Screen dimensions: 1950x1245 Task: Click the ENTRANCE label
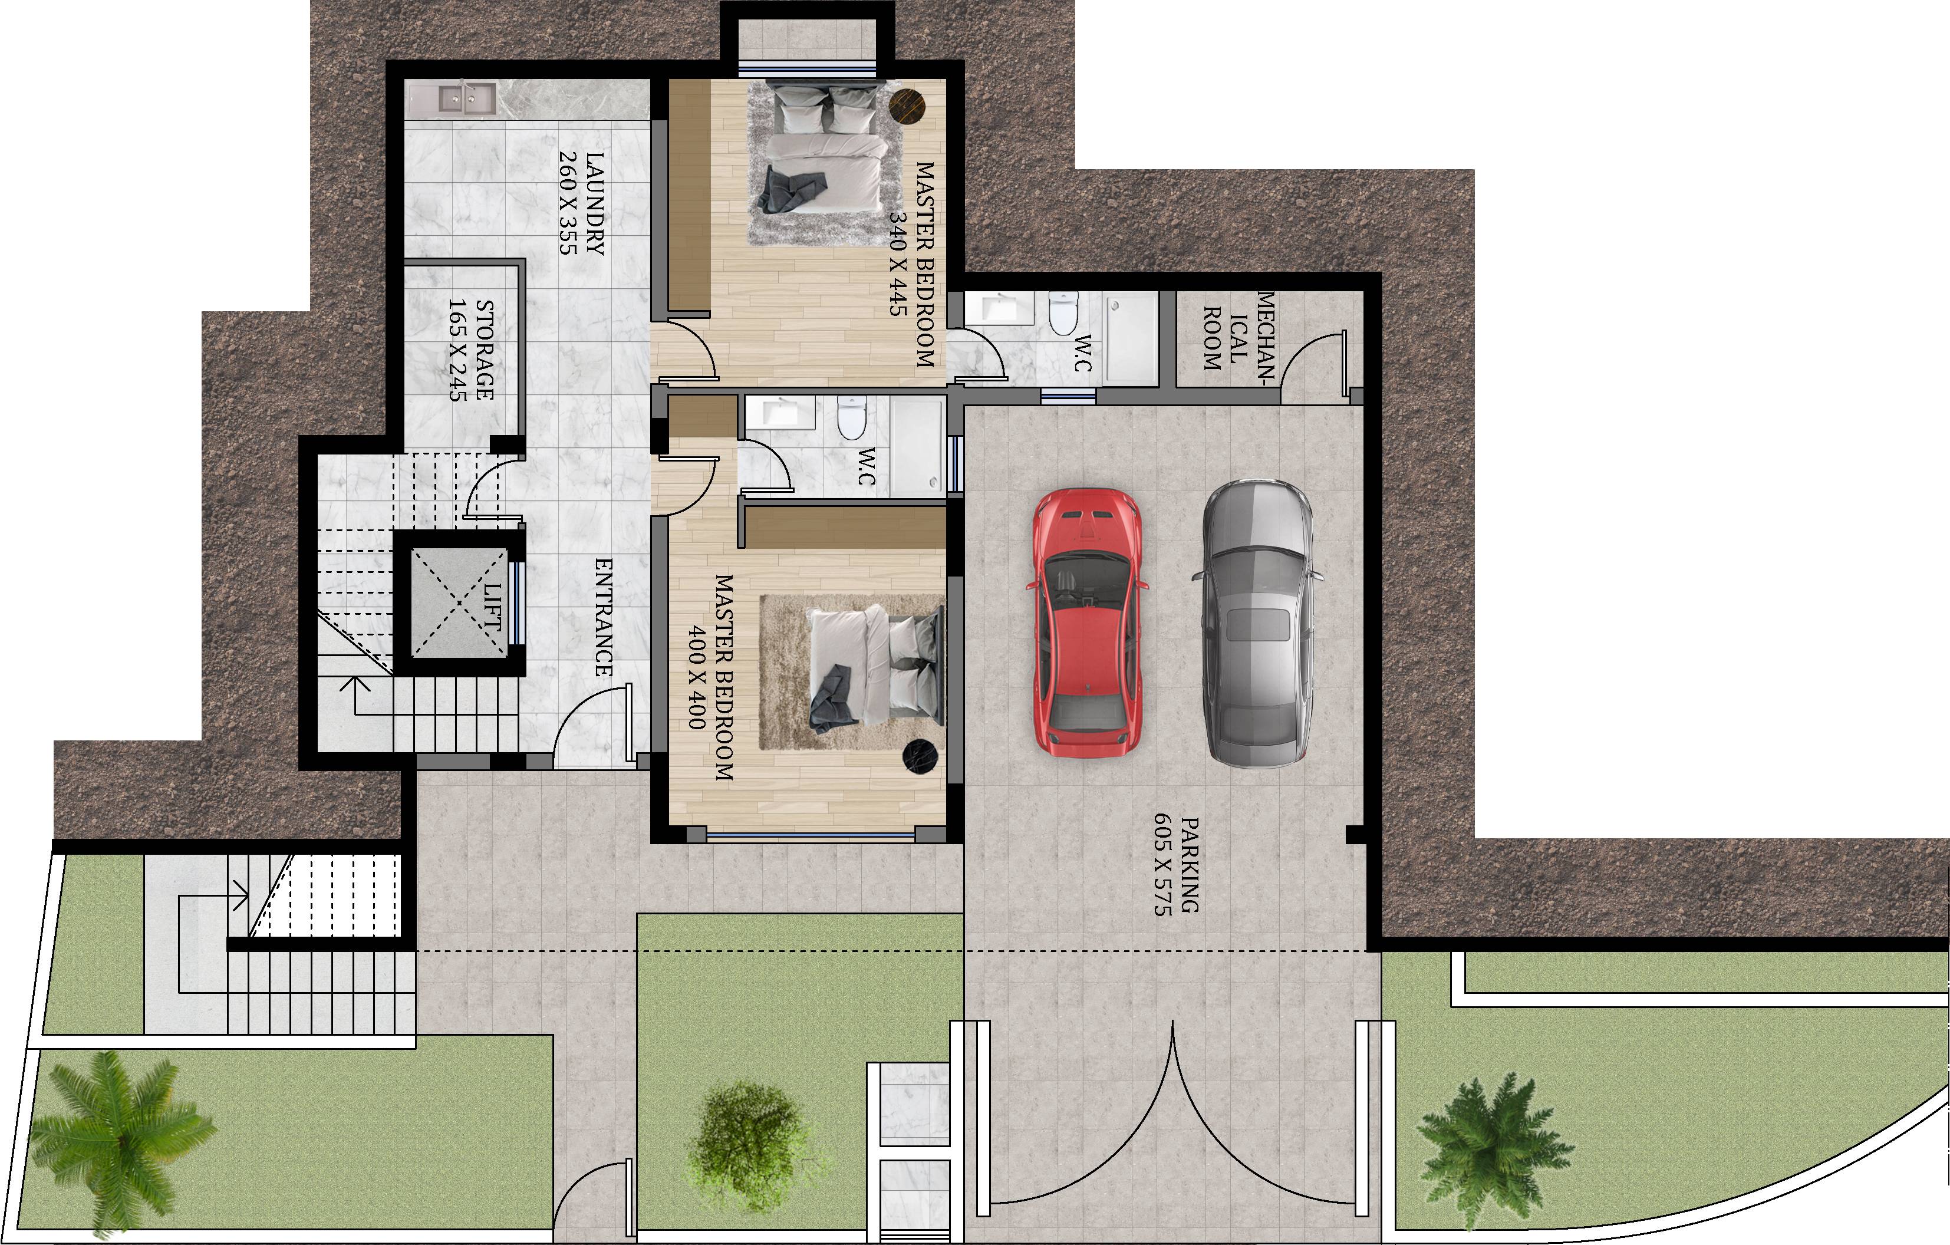pos(603,617)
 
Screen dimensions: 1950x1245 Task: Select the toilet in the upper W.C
pos(1062,312)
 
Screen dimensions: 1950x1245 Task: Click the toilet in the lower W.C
pos(852,419)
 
